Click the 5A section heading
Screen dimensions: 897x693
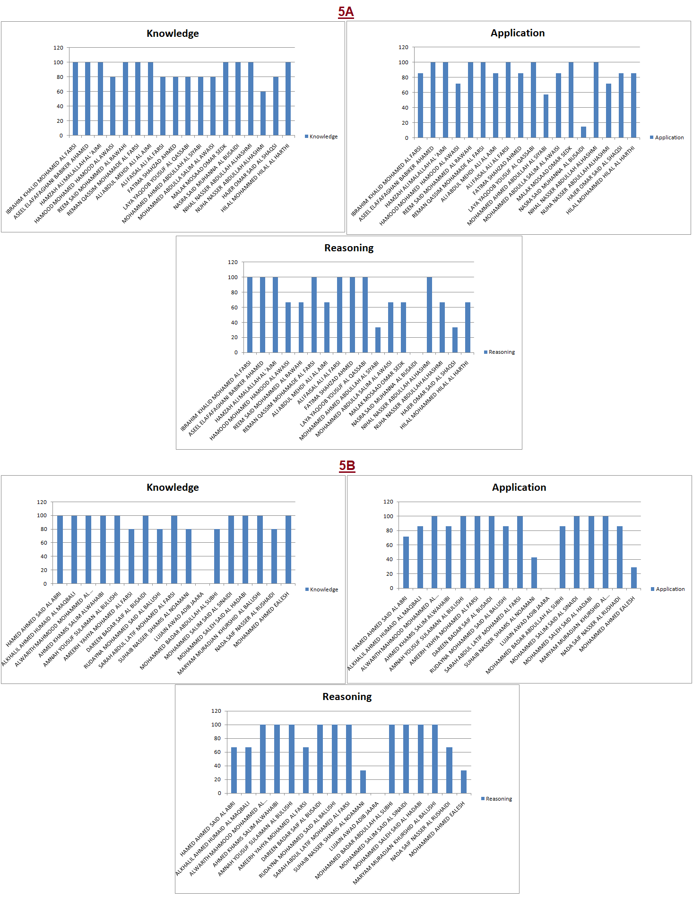(346, 12)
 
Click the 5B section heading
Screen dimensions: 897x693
(346, 466)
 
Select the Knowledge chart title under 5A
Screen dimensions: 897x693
(173, 34)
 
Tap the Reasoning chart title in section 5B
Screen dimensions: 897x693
(347, 697)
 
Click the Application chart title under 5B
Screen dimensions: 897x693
(519, 487)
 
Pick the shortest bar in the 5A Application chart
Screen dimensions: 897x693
(583, 132)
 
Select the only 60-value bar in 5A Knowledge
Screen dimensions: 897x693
(263, 113)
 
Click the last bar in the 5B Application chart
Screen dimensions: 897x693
(634, 578)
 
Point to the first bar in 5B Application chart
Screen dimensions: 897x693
(406, 563)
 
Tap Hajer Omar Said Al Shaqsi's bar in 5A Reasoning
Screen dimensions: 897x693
(455, 340)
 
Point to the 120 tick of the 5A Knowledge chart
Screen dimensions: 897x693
(58, 48)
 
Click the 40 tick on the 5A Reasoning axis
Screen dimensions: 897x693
(234, 323)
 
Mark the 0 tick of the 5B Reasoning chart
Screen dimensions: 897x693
(219, 793)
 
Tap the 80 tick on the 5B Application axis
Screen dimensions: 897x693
(390, 530)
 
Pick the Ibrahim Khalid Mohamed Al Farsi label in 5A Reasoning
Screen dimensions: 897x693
(215, 397)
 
